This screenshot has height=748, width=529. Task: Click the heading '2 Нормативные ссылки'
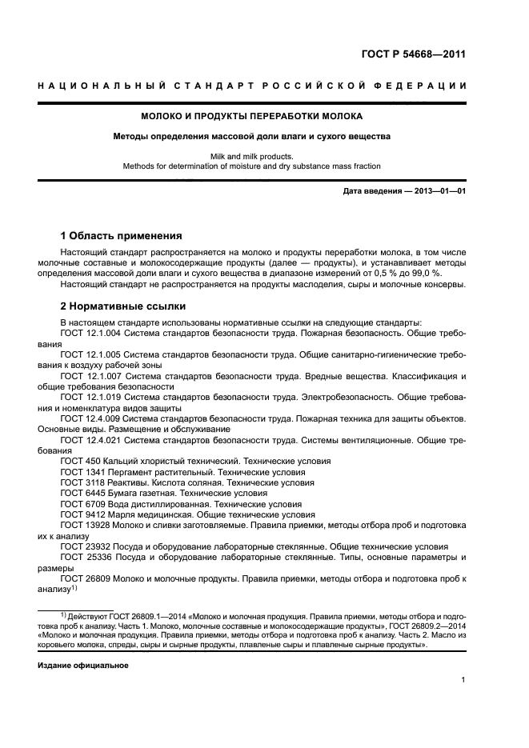coord(123,306)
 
